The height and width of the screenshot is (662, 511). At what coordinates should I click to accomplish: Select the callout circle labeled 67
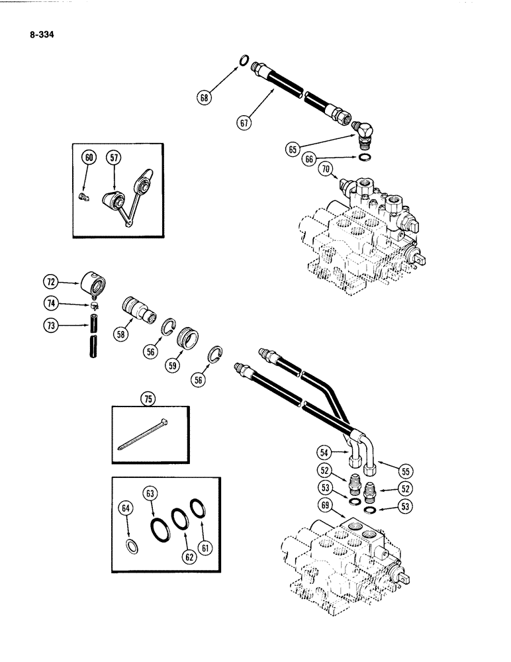pyautogui.click(x=246, y=121)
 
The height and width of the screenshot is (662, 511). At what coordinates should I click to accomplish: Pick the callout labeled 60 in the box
pyautogui.click(x=89, y=157)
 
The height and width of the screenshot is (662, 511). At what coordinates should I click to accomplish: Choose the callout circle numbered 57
pyautogui.click(x=115, y=157)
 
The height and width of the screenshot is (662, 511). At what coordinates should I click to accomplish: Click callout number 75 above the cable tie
pyautogui.click(x=146, y=398)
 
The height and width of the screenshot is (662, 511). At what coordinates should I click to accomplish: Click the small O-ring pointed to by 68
pyautogui.click(x=244, y=61)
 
